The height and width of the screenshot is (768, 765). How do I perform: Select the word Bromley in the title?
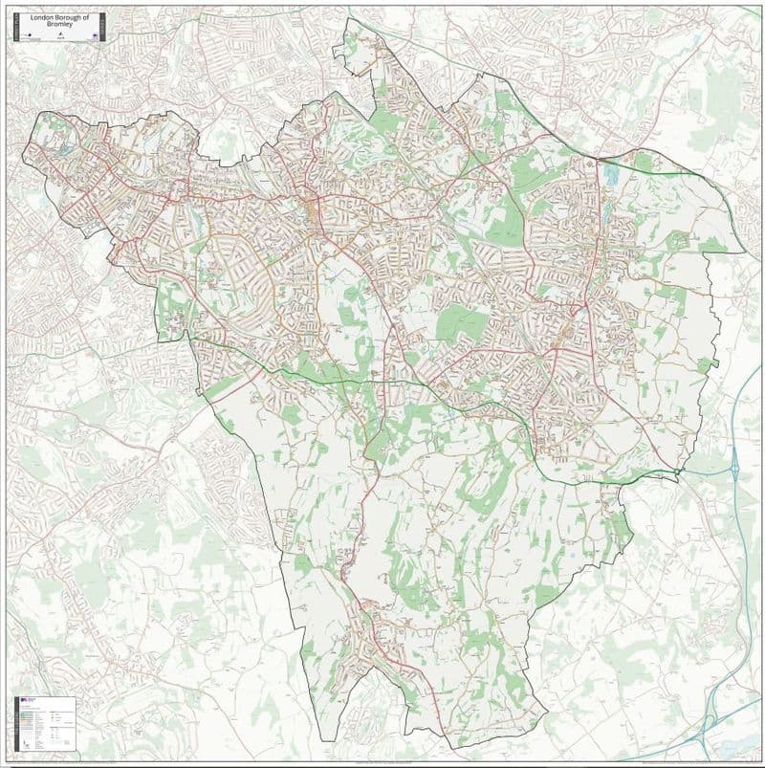point(58,25)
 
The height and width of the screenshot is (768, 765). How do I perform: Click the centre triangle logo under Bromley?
point(58,36)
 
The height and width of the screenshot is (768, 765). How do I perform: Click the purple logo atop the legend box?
point(24,701)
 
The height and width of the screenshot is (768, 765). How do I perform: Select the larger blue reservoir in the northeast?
point(610,175)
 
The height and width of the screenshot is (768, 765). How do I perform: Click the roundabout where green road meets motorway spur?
point(677,472)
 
